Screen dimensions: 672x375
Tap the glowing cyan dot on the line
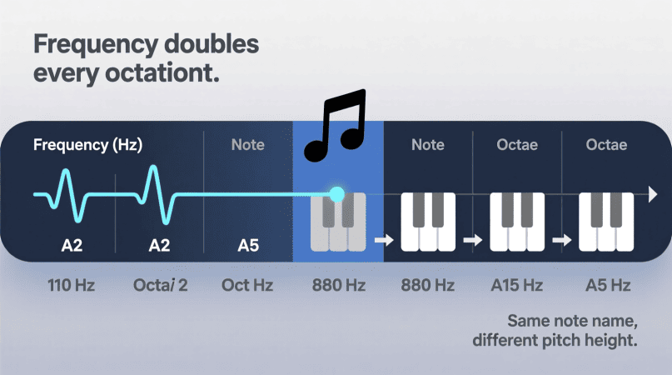tap(337, 194)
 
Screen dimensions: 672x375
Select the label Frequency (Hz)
tap(88, 145)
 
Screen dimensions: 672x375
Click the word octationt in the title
tap(162, 72)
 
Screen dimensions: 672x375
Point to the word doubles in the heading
tap(212, 44)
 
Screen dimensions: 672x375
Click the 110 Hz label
tap(71, 285)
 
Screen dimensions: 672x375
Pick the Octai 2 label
tap(160, 285)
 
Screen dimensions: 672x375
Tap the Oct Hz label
tap(247, 285)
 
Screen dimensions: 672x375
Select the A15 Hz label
tap(517, 285)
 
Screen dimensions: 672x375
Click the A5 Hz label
tap(608, 285)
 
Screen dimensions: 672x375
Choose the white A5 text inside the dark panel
tap(248, 246)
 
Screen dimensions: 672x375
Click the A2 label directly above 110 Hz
tap(72, 246)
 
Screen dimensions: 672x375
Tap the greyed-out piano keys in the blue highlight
tap(338, 222)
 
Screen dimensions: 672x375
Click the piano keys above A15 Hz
tap(517, 222)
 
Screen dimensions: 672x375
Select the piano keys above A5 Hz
tap(606, 222)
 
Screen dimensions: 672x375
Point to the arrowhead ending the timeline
tap(653, 194)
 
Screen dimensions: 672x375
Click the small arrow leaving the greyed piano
tap(384, 240)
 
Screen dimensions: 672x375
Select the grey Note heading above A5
tap(247, 145)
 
